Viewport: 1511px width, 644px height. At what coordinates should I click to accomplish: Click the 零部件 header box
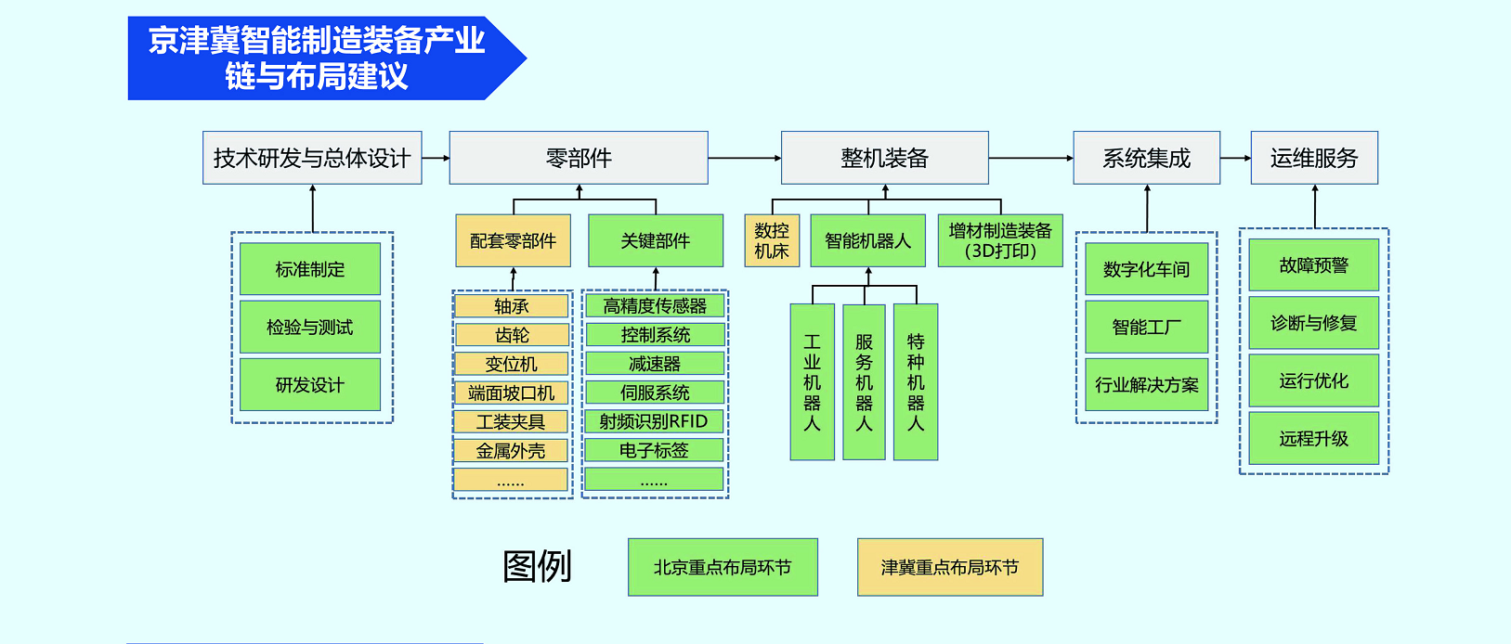click(x=579, y=158)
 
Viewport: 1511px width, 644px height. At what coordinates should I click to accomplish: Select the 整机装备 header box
click(x=884, y=158)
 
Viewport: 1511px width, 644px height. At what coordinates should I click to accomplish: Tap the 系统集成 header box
click(x=1146, y=158)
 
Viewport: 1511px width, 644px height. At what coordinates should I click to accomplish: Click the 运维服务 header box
click(x=1314, y=158)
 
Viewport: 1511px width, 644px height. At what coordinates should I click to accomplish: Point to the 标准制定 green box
click(x=310, y=269)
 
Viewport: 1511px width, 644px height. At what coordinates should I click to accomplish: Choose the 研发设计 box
click(x=310, y=385)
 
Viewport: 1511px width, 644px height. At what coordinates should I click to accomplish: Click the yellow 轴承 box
click(x=511, y=306)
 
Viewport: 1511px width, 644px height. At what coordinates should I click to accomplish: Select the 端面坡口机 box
click(x=511, y=393)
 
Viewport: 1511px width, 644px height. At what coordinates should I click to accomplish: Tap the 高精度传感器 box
click(x=655, y=306)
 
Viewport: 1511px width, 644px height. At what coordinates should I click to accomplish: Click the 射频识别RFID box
click(x=654, y=422)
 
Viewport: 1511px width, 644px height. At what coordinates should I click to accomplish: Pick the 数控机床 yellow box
click(x=772, y=240)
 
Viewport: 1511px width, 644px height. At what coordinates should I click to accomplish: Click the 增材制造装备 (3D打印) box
click(x=1000, y=240)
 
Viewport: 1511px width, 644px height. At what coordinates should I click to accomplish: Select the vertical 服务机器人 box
click(x=864, y=382)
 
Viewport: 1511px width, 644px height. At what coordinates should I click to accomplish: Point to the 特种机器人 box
click(x=916, y=382)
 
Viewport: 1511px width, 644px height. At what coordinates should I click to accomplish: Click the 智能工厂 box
click(x=1147, y=327)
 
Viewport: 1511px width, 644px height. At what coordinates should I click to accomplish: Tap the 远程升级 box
click(x=1313, y=438)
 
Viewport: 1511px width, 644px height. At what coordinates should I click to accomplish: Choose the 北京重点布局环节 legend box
click(x=723, y=567)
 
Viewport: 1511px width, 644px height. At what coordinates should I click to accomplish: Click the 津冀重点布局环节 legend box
click(x=949, y=567)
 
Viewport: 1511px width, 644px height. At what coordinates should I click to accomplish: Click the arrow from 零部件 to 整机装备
click(x=745, y=159)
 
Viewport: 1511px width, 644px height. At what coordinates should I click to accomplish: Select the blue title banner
click(x=316, y=58)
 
